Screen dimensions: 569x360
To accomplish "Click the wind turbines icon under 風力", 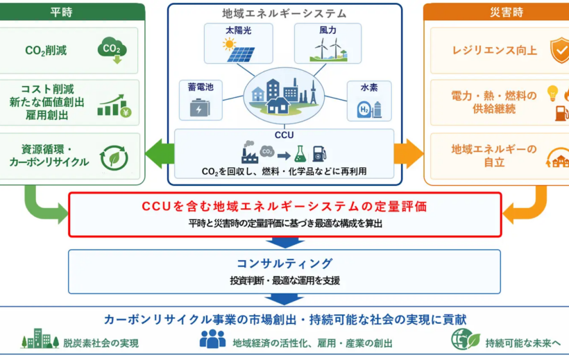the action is (x=328, y=49).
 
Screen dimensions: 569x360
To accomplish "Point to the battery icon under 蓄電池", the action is (x=200, y=108).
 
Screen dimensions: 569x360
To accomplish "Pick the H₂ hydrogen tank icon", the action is (x=369, y=109).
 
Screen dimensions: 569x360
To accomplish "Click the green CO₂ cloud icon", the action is (x=112, y=51).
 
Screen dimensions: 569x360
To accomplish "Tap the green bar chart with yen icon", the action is (x=114, y=105).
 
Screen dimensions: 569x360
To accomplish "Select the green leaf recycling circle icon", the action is (x=114, y=158).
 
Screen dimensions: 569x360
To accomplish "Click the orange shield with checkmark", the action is (x=559, y=51).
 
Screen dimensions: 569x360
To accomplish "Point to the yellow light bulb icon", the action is (x=552, y=93).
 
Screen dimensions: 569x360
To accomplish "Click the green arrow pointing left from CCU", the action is (x=160, y=153).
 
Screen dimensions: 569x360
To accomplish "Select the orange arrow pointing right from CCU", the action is (x=409, y=153).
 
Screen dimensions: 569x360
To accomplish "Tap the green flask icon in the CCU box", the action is (x=300, y=154).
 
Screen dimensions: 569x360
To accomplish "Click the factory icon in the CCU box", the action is (x=250, y=152).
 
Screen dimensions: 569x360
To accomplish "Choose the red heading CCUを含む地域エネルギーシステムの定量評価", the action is (x=284, y=207).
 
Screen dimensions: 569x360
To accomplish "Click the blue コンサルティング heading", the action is (x=284, y=263).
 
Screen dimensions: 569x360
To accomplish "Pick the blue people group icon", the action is (x=212, y=338).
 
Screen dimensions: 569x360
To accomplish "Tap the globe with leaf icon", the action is (x=465, y=339).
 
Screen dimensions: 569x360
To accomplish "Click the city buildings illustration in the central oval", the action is (x=284, y=96).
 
